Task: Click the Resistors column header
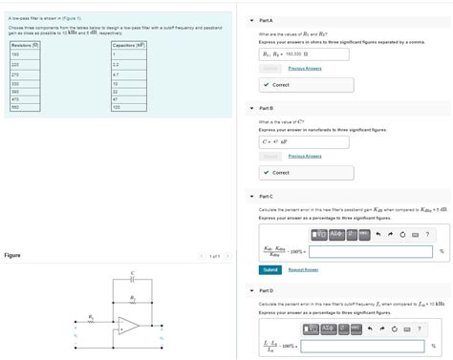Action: [x=24, y=45]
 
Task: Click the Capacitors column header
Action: [x=129, y=45]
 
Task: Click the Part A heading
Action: [x=267, y=20]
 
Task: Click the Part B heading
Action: [x=267, y=108]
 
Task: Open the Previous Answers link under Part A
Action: [x=305, y=69]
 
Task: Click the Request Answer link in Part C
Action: [x=303, y=269]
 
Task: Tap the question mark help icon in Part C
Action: [x=427, y=235]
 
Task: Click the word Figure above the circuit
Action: [x=12, y=256]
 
